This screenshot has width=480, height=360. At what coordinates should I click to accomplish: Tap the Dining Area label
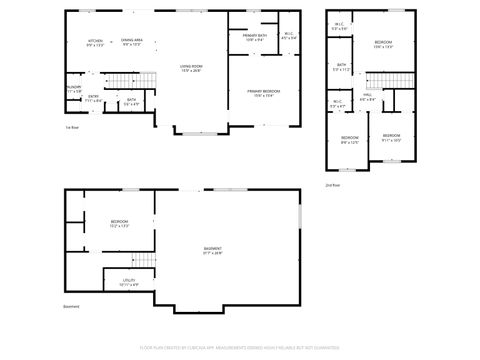[131, 42]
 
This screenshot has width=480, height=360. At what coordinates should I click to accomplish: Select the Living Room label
[190, 69]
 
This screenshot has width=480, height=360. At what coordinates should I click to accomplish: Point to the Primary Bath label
[254, 38]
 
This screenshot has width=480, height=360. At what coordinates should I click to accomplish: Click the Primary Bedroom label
[264, 93]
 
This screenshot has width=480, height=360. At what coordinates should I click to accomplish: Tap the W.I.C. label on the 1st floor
[288, 38]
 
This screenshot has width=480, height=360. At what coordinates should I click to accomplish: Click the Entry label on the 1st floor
[93, 98]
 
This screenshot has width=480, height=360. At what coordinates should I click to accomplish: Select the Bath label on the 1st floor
[131, 100]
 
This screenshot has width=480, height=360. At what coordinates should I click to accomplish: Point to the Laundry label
[73, 89]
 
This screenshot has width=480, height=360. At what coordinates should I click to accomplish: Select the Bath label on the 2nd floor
[341, 67]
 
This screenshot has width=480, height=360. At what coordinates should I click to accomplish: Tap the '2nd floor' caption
[332, 185]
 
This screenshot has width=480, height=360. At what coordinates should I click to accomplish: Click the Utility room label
[129, 283]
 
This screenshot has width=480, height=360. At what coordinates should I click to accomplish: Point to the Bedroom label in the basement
[119, 224]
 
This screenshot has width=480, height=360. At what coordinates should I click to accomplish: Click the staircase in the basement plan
[146, 261]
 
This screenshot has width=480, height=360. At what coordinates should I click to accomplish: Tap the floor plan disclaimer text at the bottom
[239, 349]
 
